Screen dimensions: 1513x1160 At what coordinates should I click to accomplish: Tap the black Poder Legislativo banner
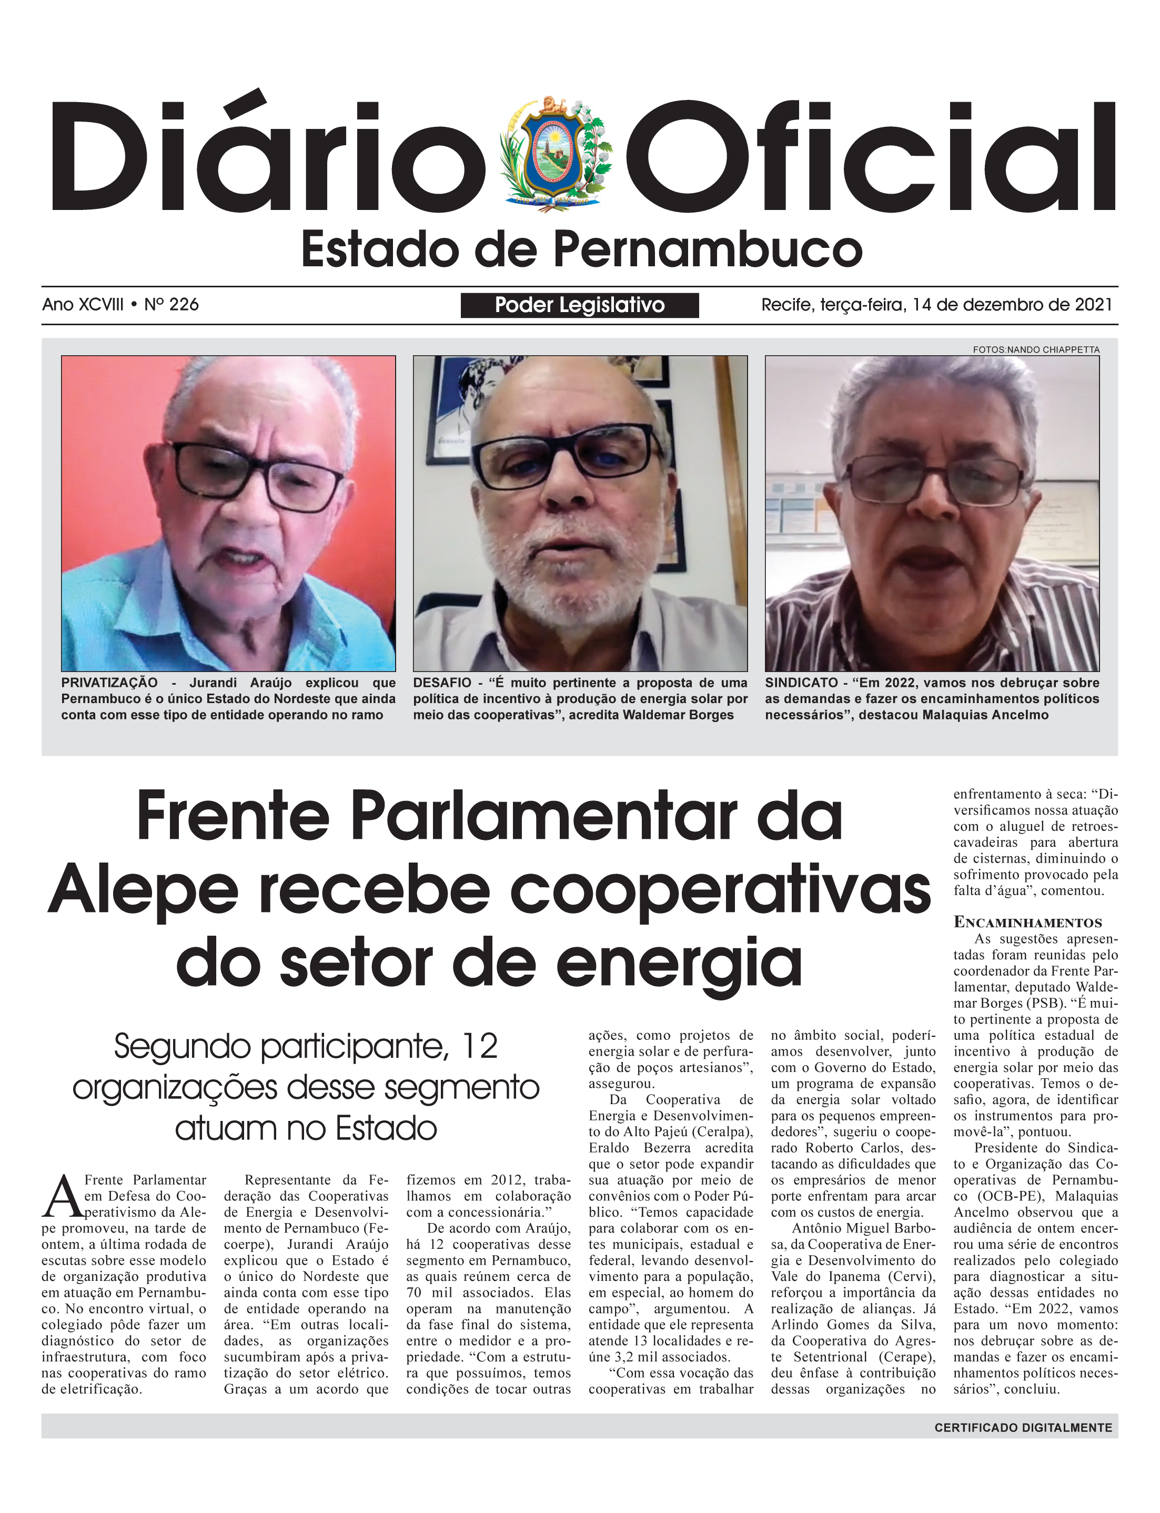coord(579,305)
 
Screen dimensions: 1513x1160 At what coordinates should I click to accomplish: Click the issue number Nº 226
coord(172,305)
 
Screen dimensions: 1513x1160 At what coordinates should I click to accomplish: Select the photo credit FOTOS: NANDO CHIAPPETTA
coord(1036,349)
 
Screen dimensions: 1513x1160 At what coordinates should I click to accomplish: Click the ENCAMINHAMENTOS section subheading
coord(1027,923)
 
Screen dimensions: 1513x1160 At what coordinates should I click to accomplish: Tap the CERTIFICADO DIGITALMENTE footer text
coord(1023,1427)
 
